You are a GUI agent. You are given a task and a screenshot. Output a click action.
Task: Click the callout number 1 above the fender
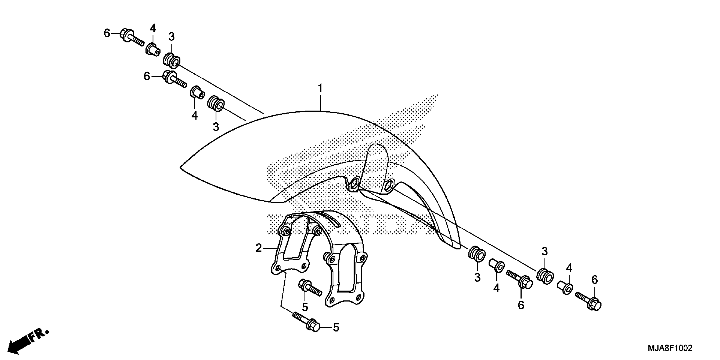(x=320, y=88)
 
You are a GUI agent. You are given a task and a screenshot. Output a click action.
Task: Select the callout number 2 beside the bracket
(x=259, y=248)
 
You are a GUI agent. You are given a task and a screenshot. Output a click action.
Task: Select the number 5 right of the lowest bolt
(x=336, y=327)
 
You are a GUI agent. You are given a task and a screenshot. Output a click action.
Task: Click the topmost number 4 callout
(x=153, y=28)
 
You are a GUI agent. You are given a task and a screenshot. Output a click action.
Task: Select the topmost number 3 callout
(x=171, y=36)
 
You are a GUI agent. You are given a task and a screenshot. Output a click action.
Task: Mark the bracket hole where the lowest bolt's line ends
(x=278, y=269)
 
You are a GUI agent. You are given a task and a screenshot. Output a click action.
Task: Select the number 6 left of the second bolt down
(x=147, y=76)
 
